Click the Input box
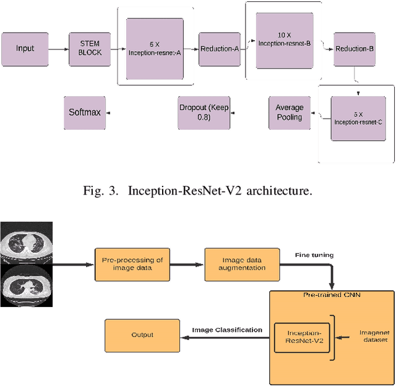coord(25,49)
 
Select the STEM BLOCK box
coord(90,49)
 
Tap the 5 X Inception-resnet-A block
coord(155,49)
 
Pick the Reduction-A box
coord(220,49)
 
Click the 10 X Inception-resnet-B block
coord(285,41)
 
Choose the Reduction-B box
coord(355,49)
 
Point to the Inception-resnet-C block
coord(358,118)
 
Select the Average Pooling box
coord(290,112)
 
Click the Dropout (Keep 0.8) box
coord(204,112)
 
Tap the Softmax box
coord(85,112)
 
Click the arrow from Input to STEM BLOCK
coord(58,49)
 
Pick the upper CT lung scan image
coord(26,243)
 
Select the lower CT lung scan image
coord(26,285)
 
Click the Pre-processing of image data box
coord(132,264)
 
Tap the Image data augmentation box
coord(242,264)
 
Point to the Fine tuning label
coord(314,255)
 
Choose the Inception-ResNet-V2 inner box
coord(302,338)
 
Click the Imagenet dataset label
coord(375,336)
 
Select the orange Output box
coord(142,335)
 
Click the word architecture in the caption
coord(279,191)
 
